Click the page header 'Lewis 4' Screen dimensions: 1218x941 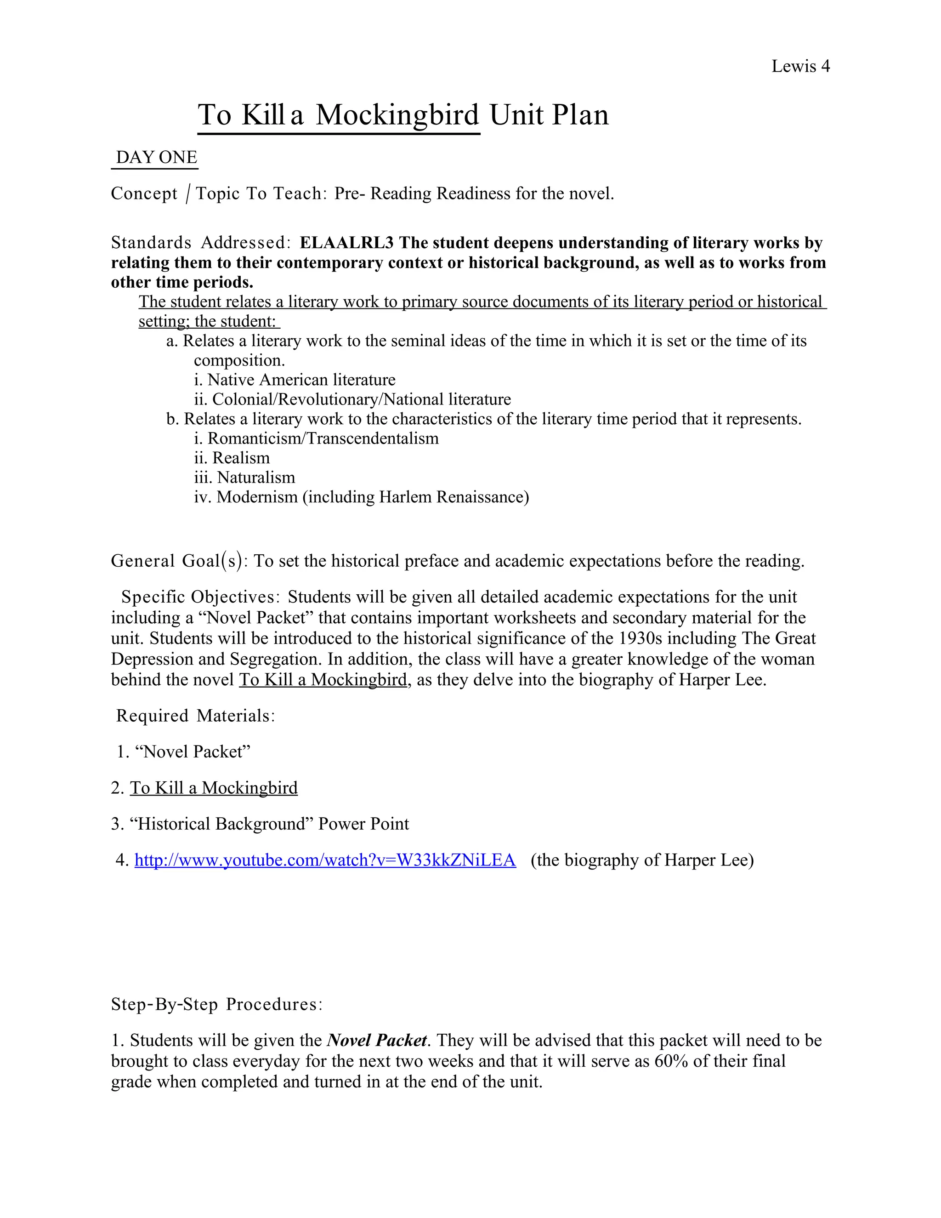coord(800,66)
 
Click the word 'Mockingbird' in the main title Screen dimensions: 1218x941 coord(397,115)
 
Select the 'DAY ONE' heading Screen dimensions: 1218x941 coord(156,157)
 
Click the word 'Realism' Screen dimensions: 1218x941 coord(241,458)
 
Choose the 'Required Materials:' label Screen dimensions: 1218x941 coord(195,716)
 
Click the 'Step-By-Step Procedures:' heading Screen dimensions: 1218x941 coord(216,1004)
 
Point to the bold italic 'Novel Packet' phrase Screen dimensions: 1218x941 coord(377,1040)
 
